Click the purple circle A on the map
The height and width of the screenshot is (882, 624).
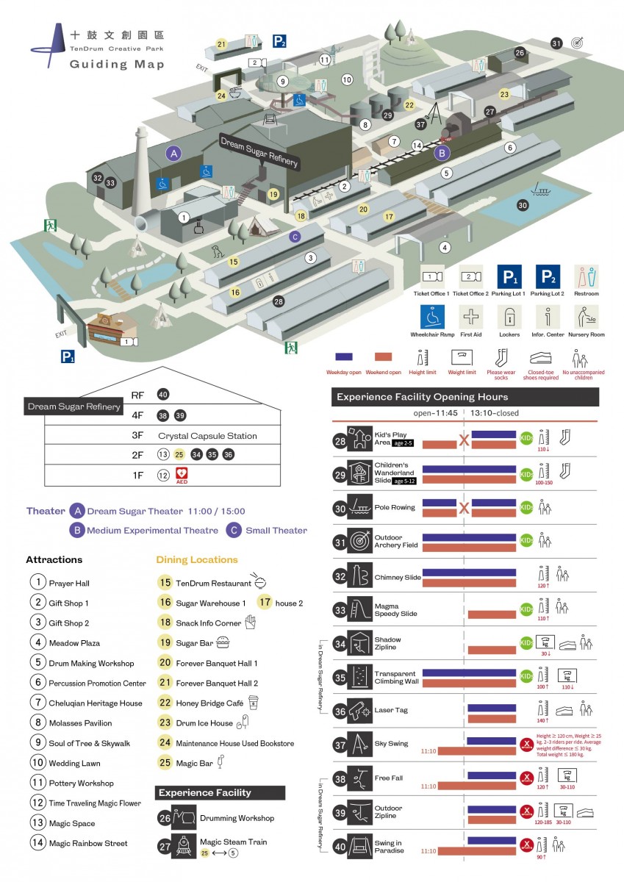coord(173,154)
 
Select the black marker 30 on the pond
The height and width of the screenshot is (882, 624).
coord(523,205)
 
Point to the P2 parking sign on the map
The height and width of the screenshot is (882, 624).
coord(279,41)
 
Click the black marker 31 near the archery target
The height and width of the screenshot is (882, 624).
coord(556,43)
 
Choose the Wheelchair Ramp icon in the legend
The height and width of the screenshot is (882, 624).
coord(434,318)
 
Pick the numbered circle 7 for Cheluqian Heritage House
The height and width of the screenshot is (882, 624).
coord(37,703)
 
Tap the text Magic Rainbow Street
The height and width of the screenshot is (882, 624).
coord(88,843)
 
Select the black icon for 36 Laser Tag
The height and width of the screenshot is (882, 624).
coord(359,711)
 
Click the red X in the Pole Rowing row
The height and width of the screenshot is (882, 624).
coord(464,508)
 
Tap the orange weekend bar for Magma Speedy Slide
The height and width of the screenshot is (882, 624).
coord(492,614)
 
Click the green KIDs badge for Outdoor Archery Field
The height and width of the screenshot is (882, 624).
coord(527,542)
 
